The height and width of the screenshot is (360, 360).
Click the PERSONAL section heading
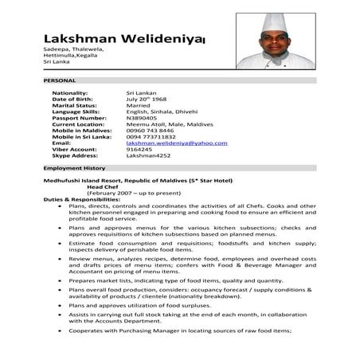pyautogui.click(x=60, y=81)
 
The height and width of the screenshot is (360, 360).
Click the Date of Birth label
pyautogui.click(x=75, y=100)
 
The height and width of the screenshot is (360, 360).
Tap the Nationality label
pyautogui.click(x=69, y=93)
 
